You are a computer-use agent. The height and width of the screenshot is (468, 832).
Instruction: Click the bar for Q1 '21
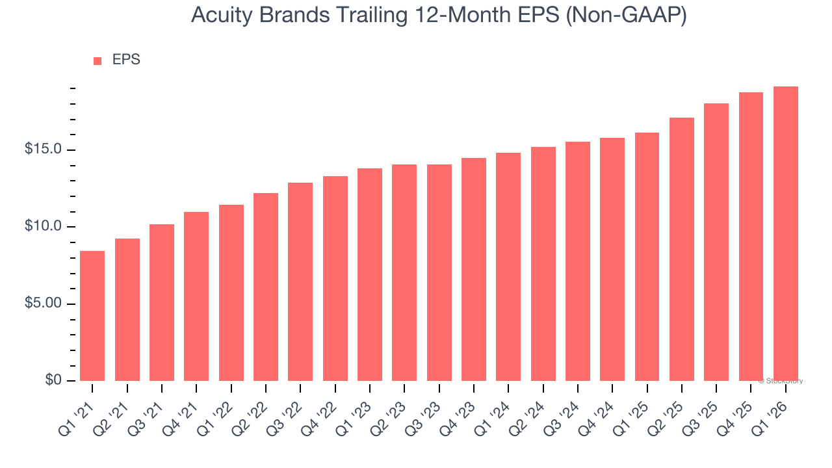click(92, 316)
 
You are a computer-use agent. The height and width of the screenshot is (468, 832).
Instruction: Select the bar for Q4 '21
click(196, 296)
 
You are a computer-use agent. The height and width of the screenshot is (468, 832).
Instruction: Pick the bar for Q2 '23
click(404, 272)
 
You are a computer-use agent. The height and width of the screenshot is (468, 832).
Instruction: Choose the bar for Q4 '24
click(612, 259)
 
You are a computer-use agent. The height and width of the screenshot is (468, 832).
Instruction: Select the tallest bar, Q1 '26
click(786, 233)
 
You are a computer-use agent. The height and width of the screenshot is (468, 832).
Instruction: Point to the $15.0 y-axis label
click(43, 150)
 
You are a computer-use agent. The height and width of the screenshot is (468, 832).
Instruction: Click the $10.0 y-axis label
click(43, 227)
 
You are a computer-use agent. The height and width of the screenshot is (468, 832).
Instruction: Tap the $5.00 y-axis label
click(43, 304)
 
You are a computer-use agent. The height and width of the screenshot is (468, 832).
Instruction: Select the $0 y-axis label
click(53, 380)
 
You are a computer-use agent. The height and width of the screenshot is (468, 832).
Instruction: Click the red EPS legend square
click(97, 61)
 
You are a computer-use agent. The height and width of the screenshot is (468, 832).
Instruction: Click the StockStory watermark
click(781, 381)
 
